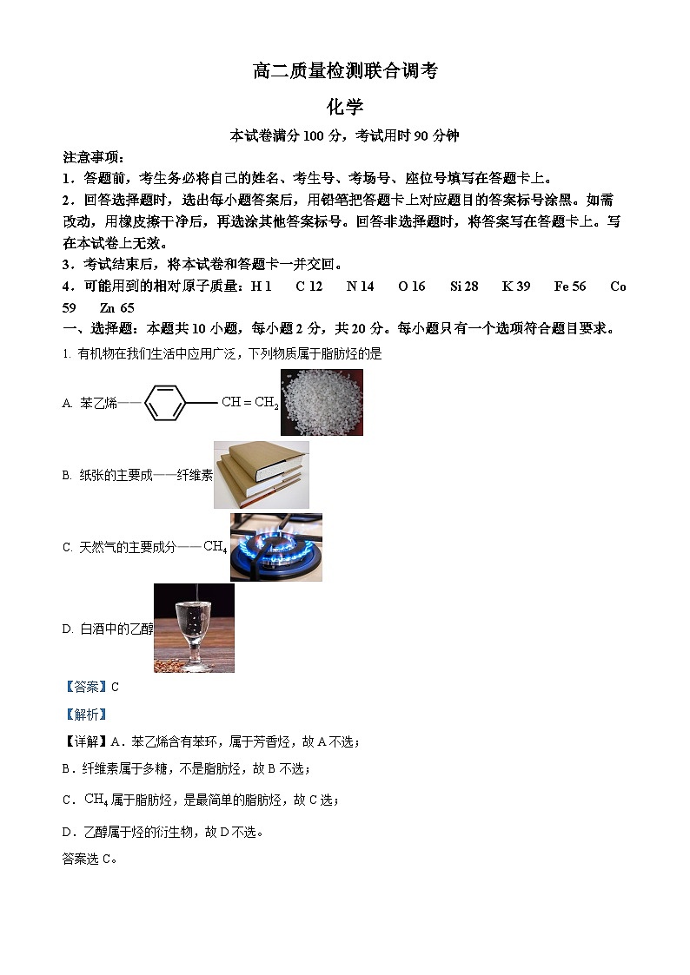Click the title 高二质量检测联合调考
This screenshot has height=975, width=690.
345,72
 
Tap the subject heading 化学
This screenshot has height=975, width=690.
345,108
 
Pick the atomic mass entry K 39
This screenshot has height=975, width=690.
516,287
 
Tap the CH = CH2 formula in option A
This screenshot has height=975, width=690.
250,403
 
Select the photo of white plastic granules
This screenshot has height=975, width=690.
322,402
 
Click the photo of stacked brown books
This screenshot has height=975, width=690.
261,474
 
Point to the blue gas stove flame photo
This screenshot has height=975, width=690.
275,547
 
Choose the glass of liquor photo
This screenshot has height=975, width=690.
194,628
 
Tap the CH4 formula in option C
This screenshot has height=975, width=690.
215,547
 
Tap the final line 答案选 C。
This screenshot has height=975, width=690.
90,860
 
